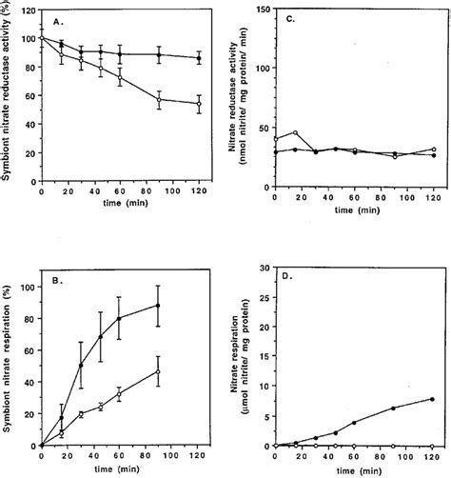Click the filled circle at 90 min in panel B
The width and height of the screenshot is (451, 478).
pyautogui.click(x=159, y=306)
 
